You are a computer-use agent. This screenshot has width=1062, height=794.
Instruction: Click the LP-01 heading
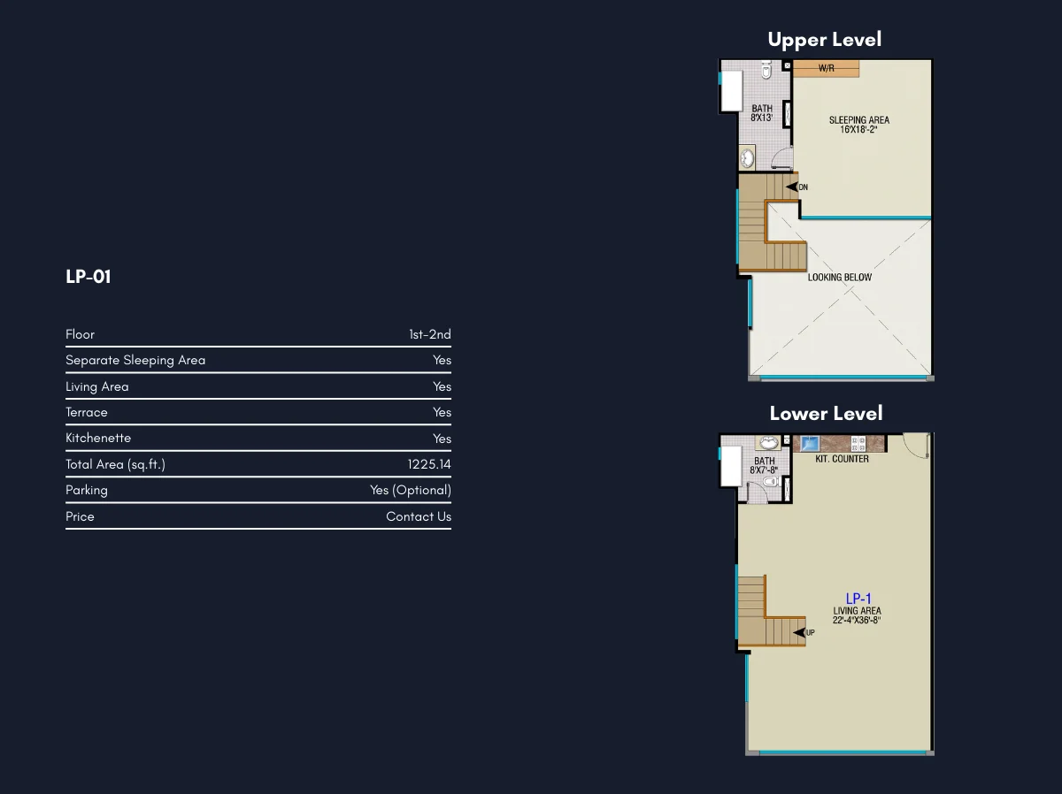pos(88,277)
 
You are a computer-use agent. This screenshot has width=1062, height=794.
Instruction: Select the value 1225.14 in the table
pos(429,464)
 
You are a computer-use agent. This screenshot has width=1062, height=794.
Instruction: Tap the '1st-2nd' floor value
pos(430,334)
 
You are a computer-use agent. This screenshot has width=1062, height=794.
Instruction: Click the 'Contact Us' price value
pos(419,516)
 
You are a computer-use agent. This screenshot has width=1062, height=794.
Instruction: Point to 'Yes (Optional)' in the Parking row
pos(411,490)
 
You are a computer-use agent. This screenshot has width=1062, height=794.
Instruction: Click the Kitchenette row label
pos(98,438)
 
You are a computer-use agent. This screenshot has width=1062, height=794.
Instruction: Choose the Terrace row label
pos(87,412)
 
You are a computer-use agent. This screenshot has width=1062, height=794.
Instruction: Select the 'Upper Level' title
pos(825,40)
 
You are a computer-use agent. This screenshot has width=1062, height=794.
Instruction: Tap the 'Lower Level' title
pos(826,414)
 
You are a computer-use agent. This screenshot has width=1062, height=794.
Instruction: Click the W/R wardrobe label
pos(827,68)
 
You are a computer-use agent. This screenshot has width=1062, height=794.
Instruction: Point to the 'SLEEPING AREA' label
pos(859,120)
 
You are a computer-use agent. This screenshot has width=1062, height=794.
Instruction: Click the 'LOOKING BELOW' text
pos(840,278)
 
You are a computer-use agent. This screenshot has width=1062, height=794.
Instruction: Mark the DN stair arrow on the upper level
pos(791,187)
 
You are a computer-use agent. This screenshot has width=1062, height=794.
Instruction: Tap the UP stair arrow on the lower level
pos(799,632)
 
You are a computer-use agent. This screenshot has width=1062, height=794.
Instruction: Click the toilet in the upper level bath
pos(766,69)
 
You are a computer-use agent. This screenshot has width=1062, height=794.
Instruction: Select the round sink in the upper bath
pos(748,158)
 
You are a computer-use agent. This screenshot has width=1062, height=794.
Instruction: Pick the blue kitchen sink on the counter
pos(810,443)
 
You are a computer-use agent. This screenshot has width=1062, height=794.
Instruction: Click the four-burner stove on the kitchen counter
pos(858,444)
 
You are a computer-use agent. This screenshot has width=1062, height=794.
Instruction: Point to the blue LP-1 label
pos(858,599)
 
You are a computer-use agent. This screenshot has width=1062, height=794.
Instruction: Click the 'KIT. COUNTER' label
pos(842,459)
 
